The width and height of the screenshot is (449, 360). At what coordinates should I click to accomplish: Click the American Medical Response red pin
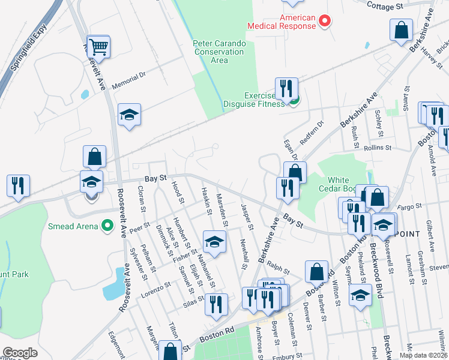click(325, 22)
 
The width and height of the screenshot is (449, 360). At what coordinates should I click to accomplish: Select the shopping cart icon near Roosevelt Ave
click(98, 47)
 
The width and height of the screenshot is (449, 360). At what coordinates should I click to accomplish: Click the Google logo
click(20, 353)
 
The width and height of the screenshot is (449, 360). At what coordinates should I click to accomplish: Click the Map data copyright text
click(423, 355)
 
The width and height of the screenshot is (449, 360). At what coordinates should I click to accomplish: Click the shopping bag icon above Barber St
click(316, 272)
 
